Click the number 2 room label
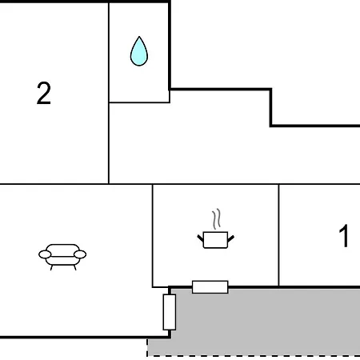click(44, 93)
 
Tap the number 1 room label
click(344, 236)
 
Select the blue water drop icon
click(139, 51)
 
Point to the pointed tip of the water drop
click(139, 37)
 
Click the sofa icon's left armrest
click(45, 254)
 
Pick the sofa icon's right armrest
click(80, 254)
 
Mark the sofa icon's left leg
click(51, 267)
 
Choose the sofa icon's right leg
click(75, 267)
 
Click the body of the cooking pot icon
click(215, 240)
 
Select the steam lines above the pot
click(217, 218)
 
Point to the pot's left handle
click(200, 238)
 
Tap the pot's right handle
click(231, 238)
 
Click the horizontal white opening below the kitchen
click(210, 287)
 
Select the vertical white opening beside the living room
click(170, 312)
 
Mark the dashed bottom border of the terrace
click(254, 355)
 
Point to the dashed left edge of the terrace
click(147, 347)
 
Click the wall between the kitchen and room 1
click(278, 235)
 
